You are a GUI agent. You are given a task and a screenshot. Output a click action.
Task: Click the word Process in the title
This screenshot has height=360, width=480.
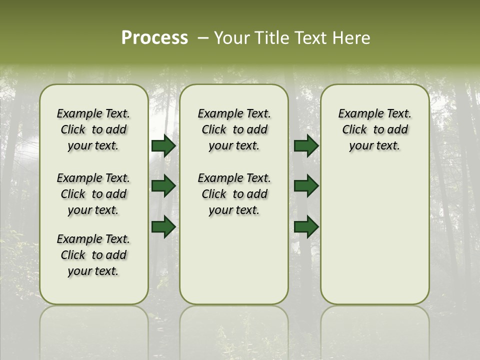pos(154,38)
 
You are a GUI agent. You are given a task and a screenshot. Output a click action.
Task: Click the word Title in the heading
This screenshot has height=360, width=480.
pos(270,38)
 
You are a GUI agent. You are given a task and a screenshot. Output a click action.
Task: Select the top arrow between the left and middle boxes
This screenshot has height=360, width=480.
pos(163,145)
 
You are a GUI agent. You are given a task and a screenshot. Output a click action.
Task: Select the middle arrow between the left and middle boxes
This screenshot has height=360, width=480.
pos(163,186)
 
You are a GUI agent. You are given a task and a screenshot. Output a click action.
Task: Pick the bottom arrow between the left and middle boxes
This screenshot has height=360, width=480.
pos(163,226)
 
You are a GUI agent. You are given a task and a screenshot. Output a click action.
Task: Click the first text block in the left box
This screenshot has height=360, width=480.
pos(93,129)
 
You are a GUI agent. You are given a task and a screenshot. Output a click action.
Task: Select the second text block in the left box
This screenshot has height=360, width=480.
pos(93,194)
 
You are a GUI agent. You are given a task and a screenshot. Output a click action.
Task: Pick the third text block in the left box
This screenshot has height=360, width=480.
pos(93,255)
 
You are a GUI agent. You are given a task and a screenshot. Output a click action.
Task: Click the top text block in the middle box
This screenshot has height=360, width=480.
pos(234,129)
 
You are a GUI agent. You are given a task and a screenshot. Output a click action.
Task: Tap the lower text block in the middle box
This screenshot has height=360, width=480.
pos(234,194)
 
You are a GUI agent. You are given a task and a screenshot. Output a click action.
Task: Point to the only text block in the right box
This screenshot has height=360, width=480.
pos(374,129)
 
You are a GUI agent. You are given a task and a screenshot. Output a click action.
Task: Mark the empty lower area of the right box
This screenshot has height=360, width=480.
pos(374,235)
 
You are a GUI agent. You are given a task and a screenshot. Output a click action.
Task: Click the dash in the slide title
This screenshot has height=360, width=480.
pos(203,38)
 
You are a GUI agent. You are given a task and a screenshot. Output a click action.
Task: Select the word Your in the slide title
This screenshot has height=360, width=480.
pos(231,38)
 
